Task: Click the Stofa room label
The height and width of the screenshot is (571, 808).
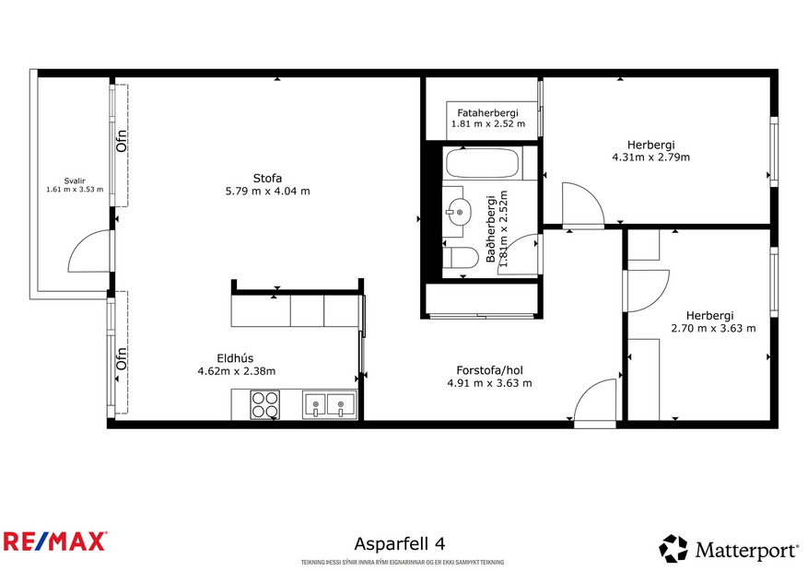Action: pyautogui.click(x=267, y=178)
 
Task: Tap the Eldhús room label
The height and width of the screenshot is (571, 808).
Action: pyautogui.click(x=236, y=358)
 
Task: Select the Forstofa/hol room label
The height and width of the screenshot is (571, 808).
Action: pyautogui.click(x=488, y=370)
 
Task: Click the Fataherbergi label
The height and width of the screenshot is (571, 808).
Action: pyautogui.click(x=487, y=112)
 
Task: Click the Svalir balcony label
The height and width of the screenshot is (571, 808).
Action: pyautogui.click(x=74, y=181)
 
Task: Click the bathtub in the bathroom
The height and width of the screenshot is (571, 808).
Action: pyautogui.click(x=482, y=164)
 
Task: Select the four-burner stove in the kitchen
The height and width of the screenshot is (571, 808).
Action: pyautogui.click(x=265, y=404)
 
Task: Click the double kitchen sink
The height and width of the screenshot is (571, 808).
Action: pyautogui.click(x=329, y=403)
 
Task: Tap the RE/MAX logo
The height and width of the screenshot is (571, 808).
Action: pyautogui.click(x=55, y=541)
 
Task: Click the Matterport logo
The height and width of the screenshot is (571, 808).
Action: pyautogui.click(x=729, y=549)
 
